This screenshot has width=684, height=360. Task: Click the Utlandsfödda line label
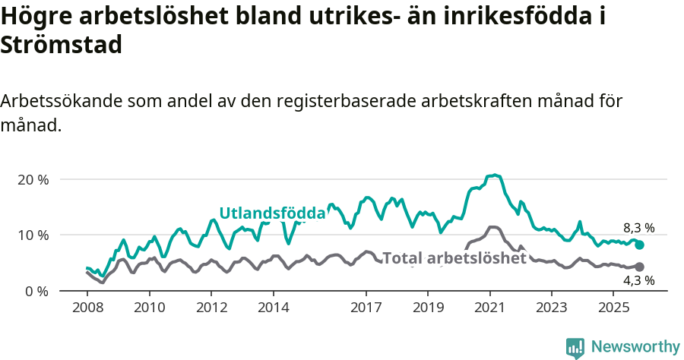pos(272,213)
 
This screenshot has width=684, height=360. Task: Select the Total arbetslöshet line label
pos(454,258)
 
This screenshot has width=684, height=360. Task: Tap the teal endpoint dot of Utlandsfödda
pos(640,245)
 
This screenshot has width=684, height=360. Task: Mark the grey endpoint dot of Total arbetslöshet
pos(640,267)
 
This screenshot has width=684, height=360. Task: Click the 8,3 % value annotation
pos(638,228)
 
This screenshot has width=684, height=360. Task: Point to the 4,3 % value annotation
pos(638,281)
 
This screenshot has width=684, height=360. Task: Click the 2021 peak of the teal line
pos(495,175)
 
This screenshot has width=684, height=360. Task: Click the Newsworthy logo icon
pos(575,347)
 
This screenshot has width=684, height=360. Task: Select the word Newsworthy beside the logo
pos(635,347)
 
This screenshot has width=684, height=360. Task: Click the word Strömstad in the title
pos(62,46)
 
